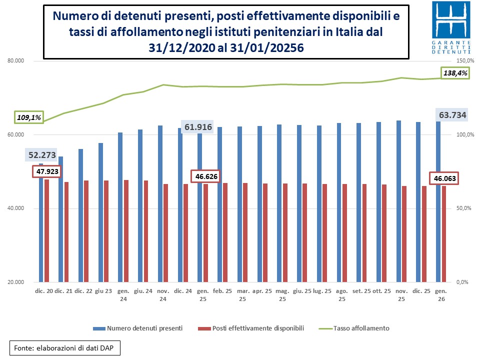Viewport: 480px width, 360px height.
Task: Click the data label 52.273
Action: (x=41, y=155)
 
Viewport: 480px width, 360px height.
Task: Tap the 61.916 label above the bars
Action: (x=197, y=127)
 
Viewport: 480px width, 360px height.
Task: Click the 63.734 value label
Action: (x=452, y=115)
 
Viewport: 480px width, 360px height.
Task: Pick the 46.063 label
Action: (x=444, y=178)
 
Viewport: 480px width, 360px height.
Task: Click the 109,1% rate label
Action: (x=29, y=118)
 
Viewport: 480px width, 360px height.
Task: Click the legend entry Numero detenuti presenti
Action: (x=137, y=328)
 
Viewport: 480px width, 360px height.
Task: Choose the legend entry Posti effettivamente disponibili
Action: (x=252, y=328)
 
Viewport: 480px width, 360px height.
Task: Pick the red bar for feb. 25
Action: (x=225, y=232)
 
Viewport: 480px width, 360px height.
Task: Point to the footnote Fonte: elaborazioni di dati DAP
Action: (x=65, y=347)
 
